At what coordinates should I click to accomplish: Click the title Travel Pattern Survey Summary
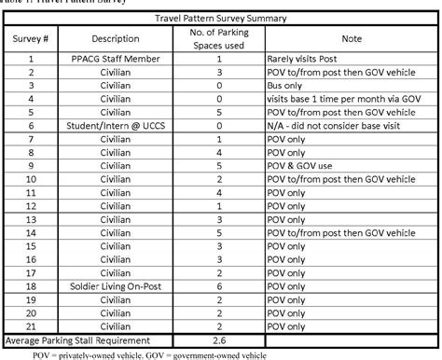coord(221,19)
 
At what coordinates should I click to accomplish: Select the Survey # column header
coord(31,39)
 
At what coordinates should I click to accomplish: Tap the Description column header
coord(116,39)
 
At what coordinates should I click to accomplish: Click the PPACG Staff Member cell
coord(116,58)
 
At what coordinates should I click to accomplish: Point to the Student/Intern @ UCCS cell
coord(116,125)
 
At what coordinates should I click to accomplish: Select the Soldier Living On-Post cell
coord(116,287)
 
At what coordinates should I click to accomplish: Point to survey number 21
coord(31,328)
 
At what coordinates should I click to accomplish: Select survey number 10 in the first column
coord(31,179)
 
